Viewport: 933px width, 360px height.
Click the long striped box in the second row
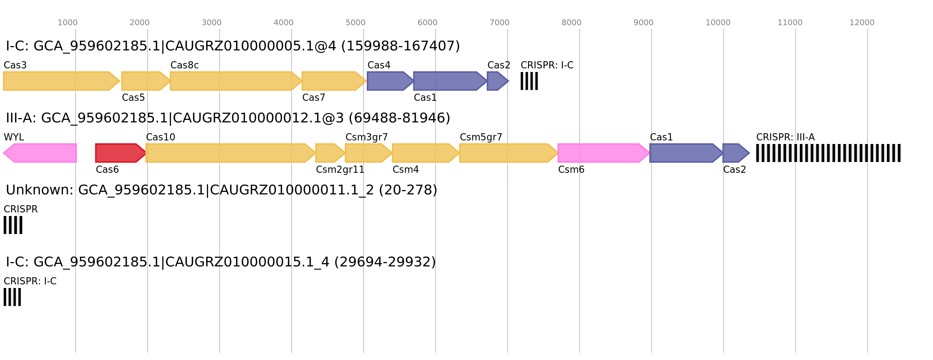click(x=828, y=153)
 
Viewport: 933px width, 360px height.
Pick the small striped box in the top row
click(x=529, y=81)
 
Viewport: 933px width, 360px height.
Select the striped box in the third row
click(x=13, y=225)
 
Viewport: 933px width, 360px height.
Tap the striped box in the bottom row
click(x=12, y=297)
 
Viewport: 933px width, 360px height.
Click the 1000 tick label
click(x=67, y=23)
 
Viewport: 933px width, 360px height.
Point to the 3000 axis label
click(x=212, y=23)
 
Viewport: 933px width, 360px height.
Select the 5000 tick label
click(x=355, y=23)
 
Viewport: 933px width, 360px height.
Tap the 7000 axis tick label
click(x=500, y=23)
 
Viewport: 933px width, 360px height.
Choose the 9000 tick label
click(x=643, y=23)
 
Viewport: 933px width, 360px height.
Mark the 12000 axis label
click(x=862, y=23)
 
